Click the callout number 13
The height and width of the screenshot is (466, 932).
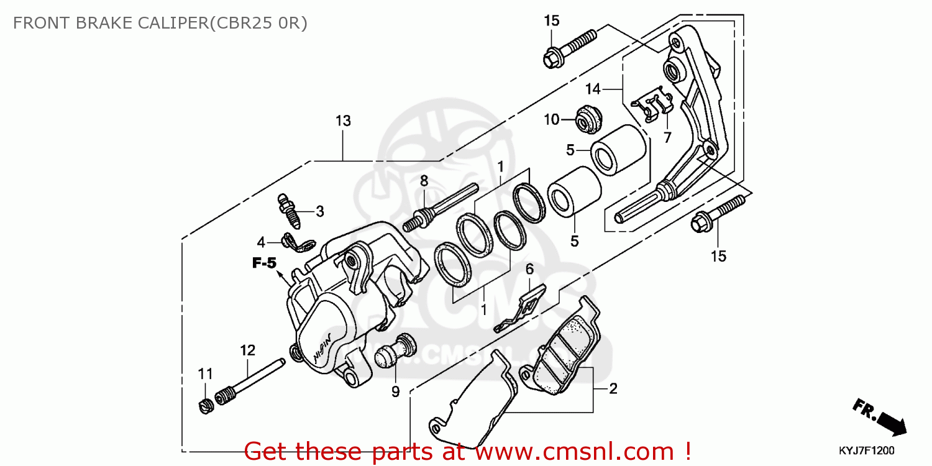(343, 121)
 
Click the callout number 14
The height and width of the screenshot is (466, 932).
(592, 89)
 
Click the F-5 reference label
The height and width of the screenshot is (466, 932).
(264, 263)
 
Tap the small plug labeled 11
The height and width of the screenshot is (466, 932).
(206, 406)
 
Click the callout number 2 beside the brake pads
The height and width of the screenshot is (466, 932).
(613, 390)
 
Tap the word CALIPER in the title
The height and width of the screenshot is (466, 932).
(168, 23)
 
